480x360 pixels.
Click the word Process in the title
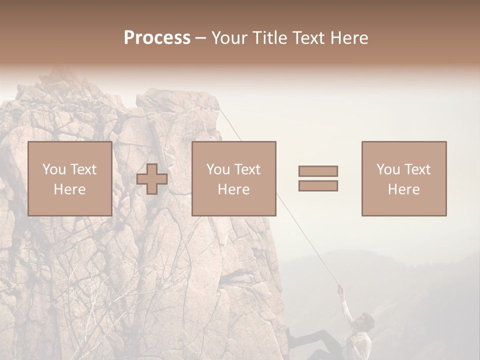click(157, 38)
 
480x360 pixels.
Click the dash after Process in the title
click(201, 38)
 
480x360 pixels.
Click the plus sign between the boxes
click(152, 179)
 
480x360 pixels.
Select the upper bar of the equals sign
click(318, 171)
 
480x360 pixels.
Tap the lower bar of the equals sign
click(318, 185)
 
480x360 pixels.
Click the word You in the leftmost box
click(54, 169)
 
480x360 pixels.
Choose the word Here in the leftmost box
click(69, 189)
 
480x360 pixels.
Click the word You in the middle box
click(218, 169)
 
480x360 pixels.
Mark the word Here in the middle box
click(233, 189)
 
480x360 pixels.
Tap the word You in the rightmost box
click(388, 169)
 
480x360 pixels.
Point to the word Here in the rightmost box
click(403, 189)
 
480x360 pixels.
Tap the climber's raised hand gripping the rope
click(340, 288)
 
